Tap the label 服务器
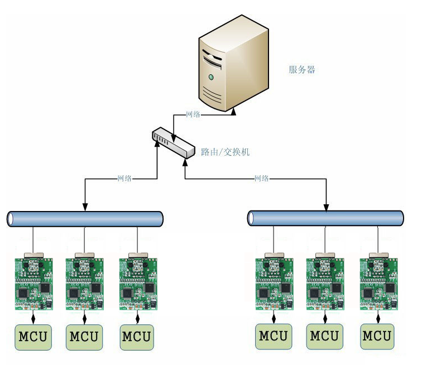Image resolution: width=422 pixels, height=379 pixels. [302, 70]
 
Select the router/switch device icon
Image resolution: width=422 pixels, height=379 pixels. [174, 143]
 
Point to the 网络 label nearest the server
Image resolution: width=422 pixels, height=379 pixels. [193, 114]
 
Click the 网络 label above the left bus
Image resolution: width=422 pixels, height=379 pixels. [124, 179]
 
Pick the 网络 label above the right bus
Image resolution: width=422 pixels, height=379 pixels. [261, 179]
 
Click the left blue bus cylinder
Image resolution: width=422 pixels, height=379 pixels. [85, 219]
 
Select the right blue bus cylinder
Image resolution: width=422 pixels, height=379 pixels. [325, 218]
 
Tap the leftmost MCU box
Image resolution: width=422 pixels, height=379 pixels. [33, 337]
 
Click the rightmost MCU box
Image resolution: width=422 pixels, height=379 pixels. [377, 336]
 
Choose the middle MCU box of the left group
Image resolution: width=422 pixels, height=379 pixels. [84, 337]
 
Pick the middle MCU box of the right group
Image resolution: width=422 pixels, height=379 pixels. [324, 336]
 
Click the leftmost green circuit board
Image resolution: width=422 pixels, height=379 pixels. [33, 283]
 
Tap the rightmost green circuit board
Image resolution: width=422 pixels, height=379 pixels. [378, 283]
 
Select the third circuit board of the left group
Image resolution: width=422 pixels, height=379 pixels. [138, 283]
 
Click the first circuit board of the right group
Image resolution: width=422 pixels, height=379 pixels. [274, 283]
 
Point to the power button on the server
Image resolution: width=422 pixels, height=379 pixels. [211, 76]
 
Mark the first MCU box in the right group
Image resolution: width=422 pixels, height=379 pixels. [274, 336]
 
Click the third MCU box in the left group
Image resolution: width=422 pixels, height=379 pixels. [137, 337]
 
